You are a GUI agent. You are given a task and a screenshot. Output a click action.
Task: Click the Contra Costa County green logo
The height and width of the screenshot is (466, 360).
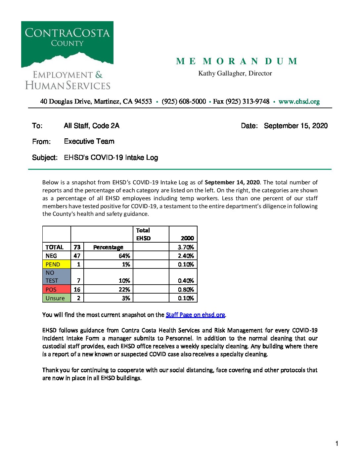[67, 43]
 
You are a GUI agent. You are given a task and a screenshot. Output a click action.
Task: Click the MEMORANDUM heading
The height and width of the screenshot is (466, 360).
[237, 61]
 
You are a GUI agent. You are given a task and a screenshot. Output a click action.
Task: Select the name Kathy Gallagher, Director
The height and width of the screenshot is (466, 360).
[235, 73]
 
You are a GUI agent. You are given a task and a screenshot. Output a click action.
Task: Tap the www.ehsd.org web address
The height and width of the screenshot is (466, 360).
[299, 102]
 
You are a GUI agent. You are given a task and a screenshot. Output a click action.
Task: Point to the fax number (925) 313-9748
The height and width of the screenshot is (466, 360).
[247, 102]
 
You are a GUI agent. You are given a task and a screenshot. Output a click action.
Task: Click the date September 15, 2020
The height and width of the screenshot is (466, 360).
[295, 126]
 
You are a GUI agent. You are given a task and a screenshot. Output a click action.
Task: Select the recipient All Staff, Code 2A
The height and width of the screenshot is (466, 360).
[91, 126]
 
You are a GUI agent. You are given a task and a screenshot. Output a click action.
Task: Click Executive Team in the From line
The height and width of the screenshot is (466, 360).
[89, 141]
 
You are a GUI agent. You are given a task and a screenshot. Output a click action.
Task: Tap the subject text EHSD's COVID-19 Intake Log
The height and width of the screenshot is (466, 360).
[111, 158]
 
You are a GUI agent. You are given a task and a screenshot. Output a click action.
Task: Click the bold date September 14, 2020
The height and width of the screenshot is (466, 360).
[232, 182]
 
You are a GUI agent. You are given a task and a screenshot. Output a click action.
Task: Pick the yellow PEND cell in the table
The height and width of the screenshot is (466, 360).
[57, 264]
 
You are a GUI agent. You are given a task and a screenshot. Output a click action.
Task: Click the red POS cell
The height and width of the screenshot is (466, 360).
[57, 289]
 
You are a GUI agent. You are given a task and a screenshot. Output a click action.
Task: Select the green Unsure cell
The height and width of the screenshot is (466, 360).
[57, 298]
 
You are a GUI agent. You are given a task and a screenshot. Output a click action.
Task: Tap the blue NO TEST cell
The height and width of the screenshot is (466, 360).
[57, 277]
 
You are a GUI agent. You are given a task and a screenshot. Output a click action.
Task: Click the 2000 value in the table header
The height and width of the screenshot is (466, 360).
[187, 238]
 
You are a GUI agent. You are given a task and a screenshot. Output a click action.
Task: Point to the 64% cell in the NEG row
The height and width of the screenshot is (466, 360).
[124, 256]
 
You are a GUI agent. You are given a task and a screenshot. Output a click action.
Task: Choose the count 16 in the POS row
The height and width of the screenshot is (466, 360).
[77, 289]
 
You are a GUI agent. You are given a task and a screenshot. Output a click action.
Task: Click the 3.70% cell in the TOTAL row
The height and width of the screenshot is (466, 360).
[186, 247]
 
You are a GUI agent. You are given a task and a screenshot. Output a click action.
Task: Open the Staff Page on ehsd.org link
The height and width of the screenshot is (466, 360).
[195, 315]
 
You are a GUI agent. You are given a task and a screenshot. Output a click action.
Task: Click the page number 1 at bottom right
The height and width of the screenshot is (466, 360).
[337, 443]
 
